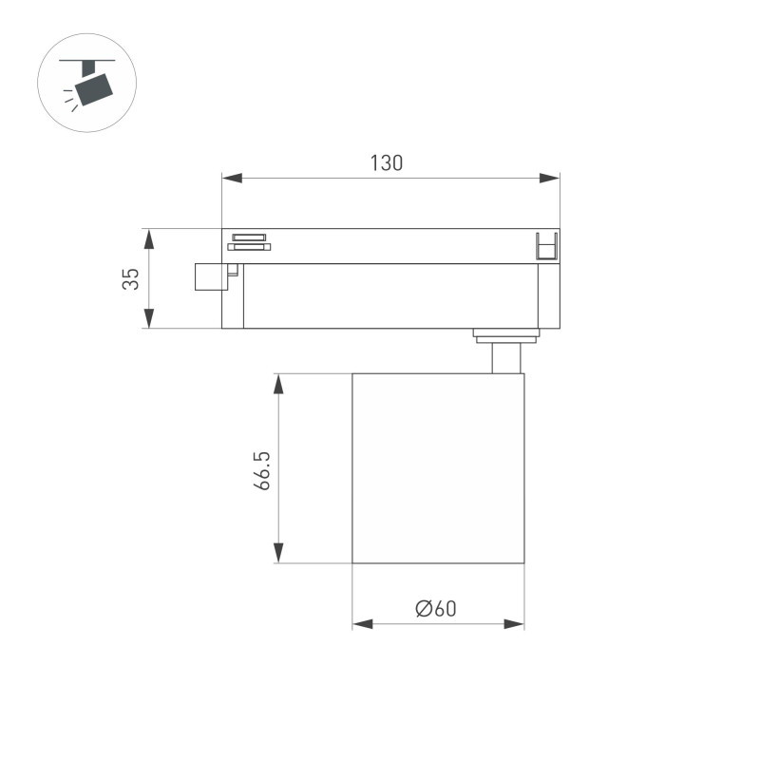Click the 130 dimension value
[387, 162]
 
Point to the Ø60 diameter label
[436, 609]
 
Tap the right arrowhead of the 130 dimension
[549, 178]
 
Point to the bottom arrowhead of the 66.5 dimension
[278, 552]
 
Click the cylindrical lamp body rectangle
[438, 468]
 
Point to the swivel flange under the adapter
[506, 332]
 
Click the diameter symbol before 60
[423, 609]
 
